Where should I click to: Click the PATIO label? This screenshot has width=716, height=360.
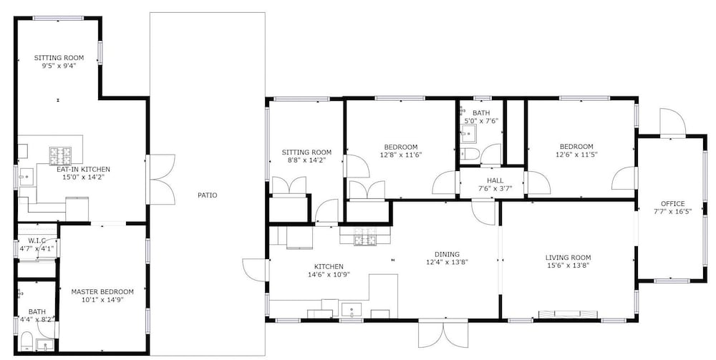click(208, 195)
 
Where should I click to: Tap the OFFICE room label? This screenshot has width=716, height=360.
click(672, 203)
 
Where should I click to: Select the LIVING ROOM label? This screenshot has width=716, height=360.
click(568, 258)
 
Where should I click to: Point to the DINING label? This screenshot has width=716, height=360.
click(447, 254)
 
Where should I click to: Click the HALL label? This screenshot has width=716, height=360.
click(495, 180)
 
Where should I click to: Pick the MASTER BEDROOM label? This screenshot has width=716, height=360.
click(102, 291)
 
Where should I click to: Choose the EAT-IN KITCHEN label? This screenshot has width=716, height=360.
click(83, 170)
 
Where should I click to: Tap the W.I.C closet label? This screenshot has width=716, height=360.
click(37, 241)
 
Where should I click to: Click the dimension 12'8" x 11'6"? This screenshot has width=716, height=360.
click(400, 155)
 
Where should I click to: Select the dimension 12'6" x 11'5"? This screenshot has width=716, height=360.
click(576, 154)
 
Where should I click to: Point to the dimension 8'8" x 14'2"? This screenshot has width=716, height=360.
click(306, 160)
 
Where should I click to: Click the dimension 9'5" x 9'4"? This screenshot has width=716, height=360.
click(59, 65)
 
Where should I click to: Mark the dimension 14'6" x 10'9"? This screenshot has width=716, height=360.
click(329, 274)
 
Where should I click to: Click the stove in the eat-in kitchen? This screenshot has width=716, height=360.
click(60, 155)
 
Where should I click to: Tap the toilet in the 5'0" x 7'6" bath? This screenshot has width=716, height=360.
click(468, 154)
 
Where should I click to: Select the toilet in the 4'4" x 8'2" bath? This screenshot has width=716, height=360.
click(26, 341)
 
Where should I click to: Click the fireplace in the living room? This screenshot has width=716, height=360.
click(568, 314)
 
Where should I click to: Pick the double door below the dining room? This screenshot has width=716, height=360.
click(443, 334)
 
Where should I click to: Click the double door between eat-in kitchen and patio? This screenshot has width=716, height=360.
click(160, 180)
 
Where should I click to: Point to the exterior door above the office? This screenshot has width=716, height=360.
click(672, 122)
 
